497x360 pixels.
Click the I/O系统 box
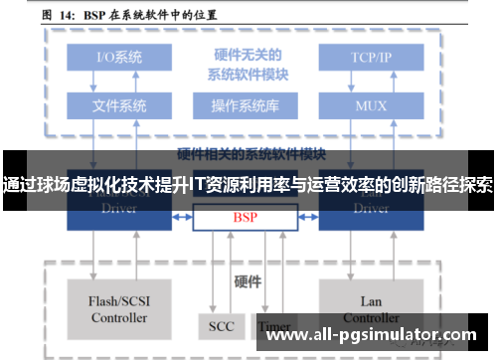point(119,57)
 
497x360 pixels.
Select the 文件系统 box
point(119,104)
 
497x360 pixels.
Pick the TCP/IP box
point(371,57)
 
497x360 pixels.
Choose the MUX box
point(371,104)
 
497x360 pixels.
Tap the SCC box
point(221,325)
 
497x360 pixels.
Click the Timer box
point(273,325)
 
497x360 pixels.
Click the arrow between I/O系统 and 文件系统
point(119,81)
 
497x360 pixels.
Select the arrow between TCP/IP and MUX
point(371,81)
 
